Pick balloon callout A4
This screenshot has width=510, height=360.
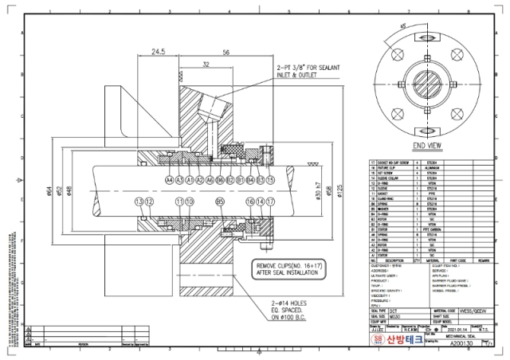click(x=169, y=181)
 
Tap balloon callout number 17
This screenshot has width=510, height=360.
click(x=270, y=202)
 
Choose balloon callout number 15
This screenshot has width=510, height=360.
click(x=270, y=181)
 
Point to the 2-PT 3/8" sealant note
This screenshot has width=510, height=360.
click(x=308, y=72)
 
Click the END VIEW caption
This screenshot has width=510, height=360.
click(x=428, y=146)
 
